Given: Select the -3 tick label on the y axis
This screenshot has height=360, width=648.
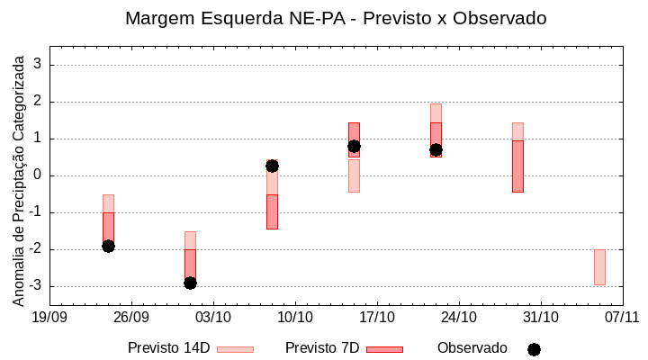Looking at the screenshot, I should click(36, 286).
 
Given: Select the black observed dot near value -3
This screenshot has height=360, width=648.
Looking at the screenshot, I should click(190, 283).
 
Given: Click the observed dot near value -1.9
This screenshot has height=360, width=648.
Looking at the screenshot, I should click(108, 246).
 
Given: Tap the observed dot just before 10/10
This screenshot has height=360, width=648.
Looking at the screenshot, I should click(272, 166).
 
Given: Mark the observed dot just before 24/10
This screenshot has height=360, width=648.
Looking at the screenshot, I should click(436, 149).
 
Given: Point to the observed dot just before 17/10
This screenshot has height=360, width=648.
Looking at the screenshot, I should click(354, 146).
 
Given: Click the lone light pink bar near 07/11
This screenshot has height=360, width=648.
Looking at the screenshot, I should click(599, 267).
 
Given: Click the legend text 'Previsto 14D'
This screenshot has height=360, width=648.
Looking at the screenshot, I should click(168, 348).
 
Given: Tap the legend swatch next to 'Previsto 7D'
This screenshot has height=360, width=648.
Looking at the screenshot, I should click(384, 349).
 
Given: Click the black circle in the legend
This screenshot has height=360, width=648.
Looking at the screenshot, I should click(534, 349).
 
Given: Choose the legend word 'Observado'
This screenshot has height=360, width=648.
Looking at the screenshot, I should click(472, 348).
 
